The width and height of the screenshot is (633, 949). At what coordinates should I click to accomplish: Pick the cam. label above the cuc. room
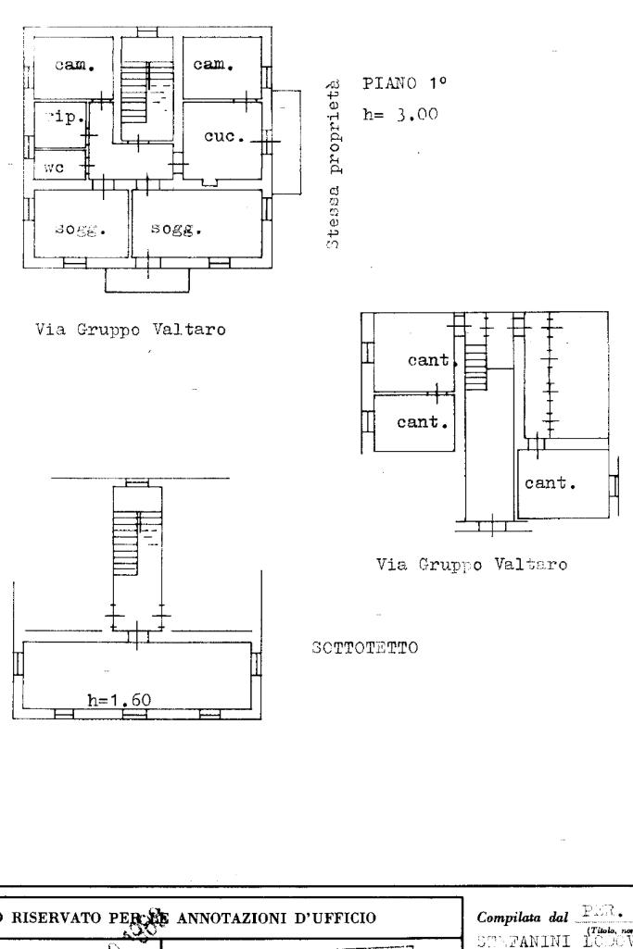pyautogui.click(x=213, y=65)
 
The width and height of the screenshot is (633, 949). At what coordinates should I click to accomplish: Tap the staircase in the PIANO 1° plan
pyautogui.click(x=135, y=93)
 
